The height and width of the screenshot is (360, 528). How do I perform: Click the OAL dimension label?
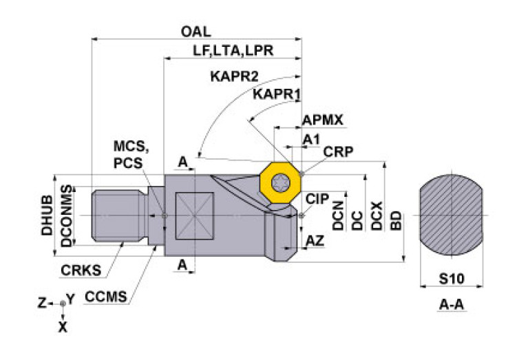click(x=196, y=32)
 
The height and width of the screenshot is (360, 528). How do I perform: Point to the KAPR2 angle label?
click(x=234, y=76)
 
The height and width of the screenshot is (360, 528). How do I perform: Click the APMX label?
click(x=322, y=120)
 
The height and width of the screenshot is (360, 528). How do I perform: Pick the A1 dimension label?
click(x=311, y=140)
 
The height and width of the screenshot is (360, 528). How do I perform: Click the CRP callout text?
click(x=337, y=153)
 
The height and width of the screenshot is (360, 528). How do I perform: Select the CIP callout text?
click(x=317, y=199)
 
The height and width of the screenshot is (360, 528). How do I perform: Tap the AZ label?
click(x=315, y=242)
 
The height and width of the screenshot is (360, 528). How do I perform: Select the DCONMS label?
click(x=65, y=215)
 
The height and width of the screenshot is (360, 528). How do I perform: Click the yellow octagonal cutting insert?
click(x=280, y=182)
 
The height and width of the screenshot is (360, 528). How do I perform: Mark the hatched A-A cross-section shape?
click(x=451, y=215)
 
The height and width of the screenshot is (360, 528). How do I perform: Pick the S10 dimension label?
click(x=450, y=279)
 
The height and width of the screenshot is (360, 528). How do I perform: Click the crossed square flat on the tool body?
click(x=194, y=215)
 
